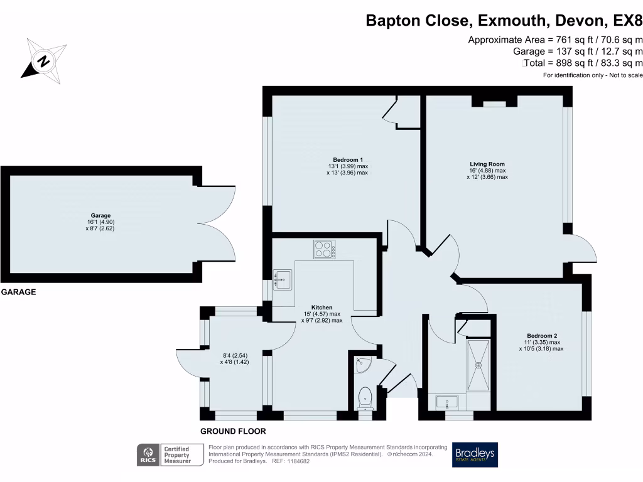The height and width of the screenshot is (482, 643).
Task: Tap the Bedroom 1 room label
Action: (x=348, y=160)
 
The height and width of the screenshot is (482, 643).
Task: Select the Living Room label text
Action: (x=487, y=164)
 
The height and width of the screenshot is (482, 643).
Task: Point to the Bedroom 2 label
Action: (x=542, y=336)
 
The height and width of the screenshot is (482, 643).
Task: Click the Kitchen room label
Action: (x=322, y=308)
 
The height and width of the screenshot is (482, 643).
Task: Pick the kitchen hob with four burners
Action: (x=325, y=249)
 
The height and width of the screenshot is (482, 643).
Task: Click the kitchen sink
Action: (x=283, y=279)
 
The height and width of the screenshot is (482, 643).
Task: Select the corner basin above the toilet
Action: (x=362, y=365)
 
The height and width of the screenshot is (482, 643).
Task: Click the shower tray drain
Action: (x=478, y=365)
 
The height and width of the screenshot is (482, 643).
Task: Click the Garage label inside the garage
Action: (x=101, y=216)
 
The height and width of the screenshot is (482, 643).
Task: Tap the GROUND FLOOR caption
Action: (x=233, y=431)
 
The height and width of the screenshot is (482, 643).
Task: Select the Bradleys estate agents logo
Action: (x=475, y=454)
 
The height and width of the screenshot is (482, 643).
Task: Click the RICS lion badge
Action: (x=148, y=455)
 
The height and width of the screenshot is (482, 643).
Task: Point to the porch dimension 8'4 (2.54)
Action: (x=235, y=356)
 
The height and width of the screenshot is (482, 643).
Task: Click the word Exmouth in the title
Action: (x=512, y=21)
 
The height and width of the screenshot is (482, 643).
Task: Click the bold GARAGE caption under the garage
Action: (x=18, y=292)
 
